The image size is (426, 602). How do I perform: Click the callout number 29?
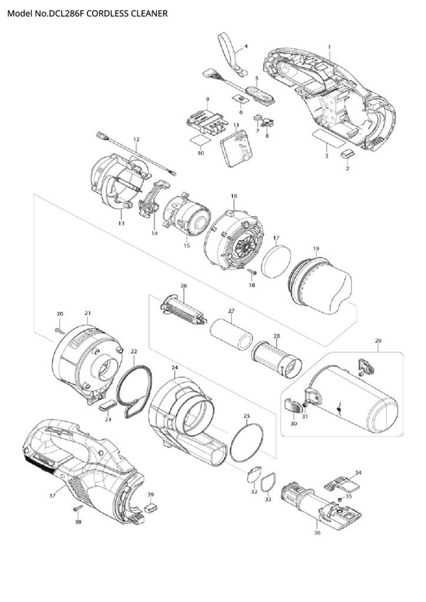(x=378, y=340)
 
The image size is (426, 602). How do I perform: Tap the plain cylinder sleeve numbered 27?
(x=231, y=335)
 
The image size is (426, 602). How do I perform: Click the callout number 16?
(x=234, y=196)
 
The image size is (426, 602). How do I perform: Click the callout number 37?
(x=52, y=496)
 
